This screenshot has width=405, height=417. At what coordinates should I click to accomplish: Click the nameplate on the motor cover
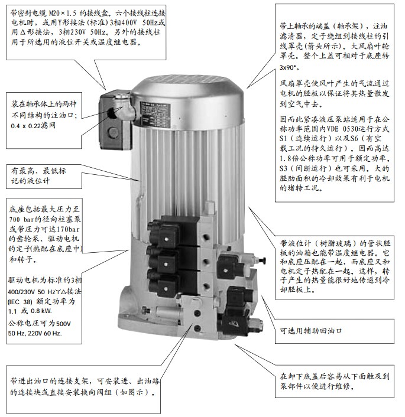coord(155,115)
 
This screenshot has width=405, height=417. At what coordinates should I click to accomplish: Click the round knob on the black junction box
coord(113,132)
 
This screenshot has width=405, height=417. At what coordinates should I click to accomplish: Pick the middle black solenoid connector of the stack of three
coord(163,260)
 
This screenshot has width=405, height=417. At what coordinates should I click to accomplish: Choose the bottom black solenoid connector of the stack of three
coord(163,285)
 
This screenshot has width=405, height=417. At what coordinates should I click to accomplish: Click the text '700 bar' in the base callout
coord(20,219)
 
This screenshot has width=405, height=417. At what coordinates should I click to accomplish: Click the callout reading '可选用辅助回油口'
coord(311,331)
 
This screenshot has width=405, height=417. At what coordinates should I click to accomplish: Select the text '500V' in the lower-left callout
coord(63,324)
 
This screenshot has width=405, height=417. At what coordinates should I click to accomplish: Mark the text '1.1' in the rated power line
coord(12,311)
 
